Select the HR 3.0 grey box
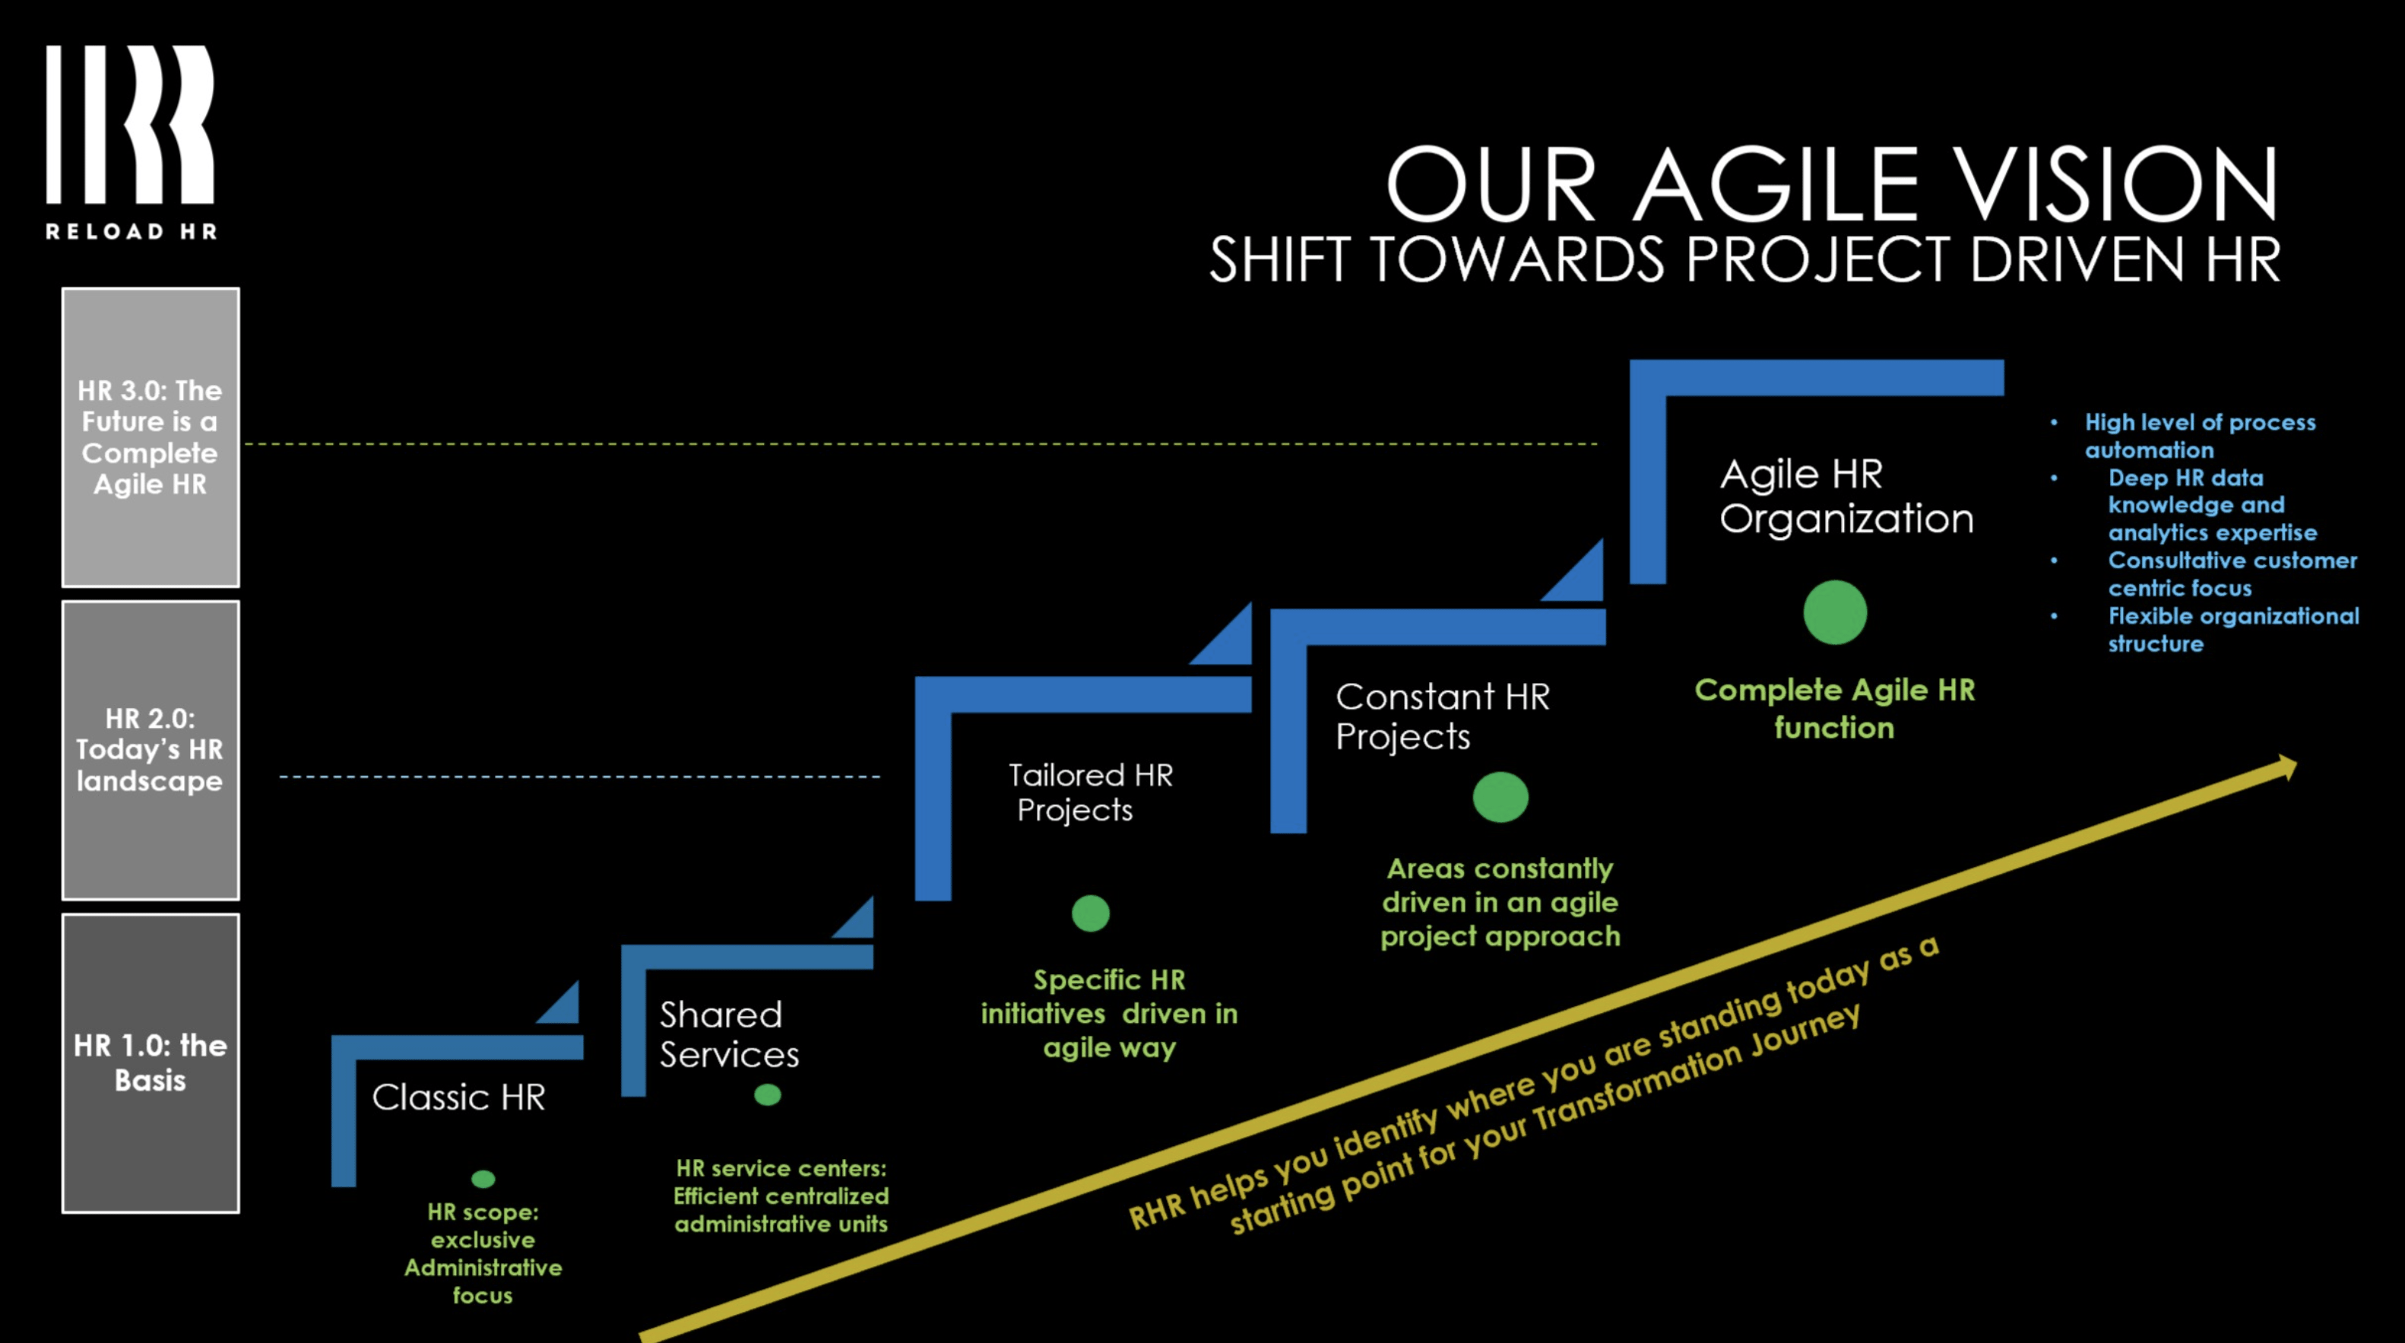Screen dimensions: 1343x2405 151,437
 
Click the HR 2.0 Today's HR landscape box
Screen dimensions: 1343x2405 151,750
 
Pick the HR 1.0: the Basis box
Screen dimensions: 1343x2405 151,1063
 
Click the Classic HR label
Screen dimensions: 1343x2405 458,1097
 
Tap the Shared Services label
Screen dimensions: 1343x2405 729,1035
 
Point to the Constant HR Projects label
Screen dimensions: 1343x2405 1441,716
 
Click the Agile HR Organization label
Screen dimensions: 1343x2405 1846,496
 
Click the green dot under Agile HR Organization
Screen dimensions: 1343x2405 1835,613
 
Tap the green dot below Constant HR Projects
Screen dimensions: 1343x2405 1500,797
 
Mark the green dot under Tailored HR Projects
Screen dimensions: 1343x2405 1091,913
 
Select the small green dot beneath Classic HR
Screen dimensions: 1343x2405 483,1179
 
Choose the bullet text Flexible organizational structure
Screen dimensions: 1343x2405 2232,630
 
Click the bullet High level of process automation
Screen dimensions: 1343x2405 2199,435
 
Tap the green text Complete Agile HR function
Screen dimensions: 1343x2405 1835,708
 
